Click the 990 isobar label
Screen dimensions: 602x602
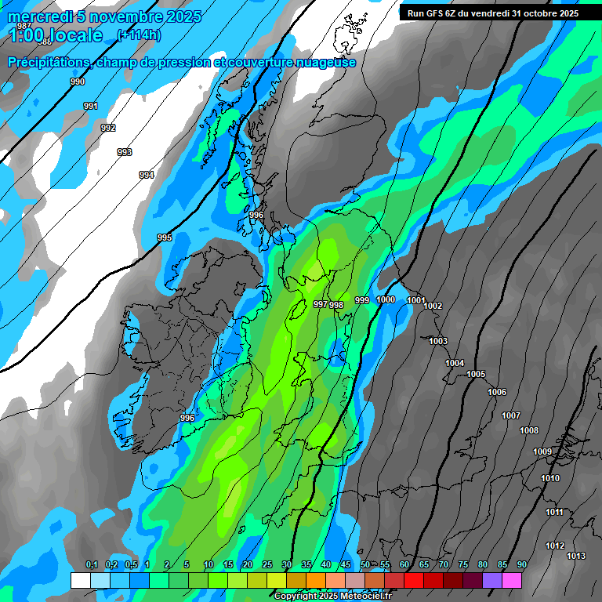click(x=78, y=82)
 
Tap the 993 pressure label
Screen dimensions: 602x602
click(x=125, y=152)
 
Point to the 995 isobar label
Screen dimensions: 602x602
click(x=165, y=238)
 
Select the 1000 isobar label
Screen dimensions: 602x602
click(x=386, y=299)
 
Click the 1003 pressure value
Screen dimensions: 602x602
click(x=438, y=341)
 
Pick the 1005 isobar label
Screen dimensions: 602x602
click(x=476, y=374)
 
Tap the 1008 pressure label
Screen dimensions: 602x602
click(x=529, y=430)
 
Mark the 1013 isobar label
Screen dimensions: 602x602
click(x=576, y=556)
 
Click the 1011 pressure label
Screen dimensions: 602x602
click(x=554, y=512)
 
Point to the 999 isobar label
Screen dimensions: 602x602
click(x=361, y=300)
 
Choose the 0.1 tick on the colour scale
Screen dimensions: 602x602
click(x=92, y=565)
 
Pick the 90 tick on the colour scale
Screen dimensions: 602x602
click(x=521, y=565)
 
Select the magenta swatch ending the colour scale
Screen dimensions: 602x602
click(x=512, y=580)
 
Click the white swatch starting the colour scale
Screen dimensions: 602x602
click(x=81, y=580)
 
